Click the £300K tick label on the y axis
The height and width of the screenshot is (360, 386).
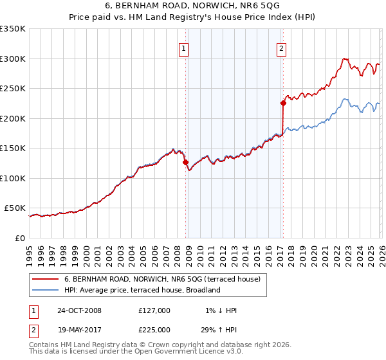pyautogui.click(x=13, y=59)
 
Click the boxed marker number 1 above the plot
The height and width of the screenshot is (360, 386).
pyautogui.click(x=184, y=48)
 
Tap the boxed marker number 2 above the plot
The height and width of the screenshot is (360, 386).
pyautogui.click(x=282, y=48)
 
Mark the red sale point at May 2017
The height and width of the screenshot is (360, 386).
pyautogui.click(x=282, y=103)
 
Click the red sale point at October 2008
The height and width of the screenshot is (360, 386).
pyautogui.click(x=186, y=162)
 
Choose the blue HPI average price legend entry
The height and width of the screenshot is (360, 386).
pyautogui.click(x=142, y=290)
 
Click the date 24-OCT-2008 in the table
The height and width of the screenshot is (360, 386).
pyautogui.click(x=79, y=310)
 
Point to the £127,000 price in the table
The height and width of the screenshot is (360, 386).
pyautogui.click(x=154, y=310)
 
